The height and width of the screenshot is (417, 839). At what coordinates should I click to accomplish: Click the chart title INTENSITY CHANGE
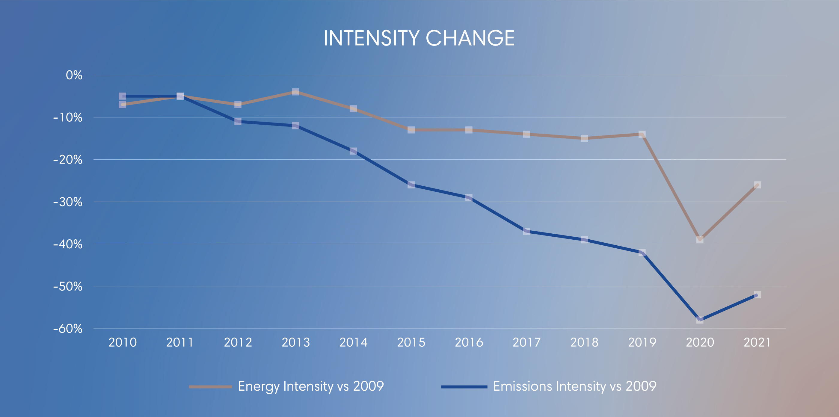(x=419, y=38)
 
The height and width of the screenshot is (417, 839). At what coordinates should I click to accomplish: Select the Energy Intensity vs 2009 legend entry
(x=311, y=386)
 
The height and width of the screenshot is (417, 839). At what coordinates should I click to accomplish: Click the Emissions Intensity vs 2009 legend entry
(x=574, y=386)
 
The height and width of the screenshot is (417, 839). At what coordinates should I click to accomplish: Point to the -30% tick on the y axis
(x=68, y=202)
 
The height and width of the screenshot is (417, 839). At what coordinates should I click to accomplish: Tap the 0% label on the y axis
(x=74, y=75)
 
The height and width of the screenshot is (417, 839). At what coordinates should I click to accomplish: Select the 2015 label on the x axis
(x=411, y=342)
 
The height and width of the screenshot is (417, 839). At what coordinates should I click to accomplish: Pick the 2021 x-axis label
(x=757, y=342)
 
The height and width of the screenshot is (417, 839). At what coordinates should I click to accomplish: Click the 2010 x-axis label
(x=123, y=342)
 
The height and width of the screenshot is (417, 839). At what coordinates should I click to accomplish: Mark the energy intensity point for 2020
(x=700, y=240)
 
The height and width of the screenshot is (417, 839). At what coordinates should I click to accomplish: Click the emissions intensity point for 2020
(x=700, y=320)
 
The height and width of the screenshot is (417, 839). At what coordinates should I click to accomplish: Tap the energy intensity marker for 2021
(x=757, y=185)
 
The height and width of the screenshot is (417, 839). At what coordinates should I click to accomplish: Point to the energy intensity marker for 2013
(x=295, y=92)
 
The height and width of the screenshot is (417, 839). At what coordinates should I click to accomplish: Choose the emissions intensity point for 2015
(x=411, y=185)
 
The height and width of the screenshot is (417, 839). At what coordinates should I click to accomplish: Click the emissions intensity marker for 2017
(x=527, y=231)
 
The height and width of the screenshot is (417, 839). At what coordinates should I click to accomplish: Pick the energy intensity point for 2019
(x=642, y=134)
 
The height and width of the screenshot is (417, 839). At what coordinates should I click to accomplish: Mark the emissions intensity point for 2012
(x=238, y=121)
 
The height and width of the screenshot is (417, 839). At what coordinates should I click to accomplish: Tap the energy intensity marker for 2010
(x=123, y=105)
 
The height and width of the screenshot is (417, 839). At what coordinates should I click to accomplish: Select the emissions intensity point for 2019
(x=642, y=253)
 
